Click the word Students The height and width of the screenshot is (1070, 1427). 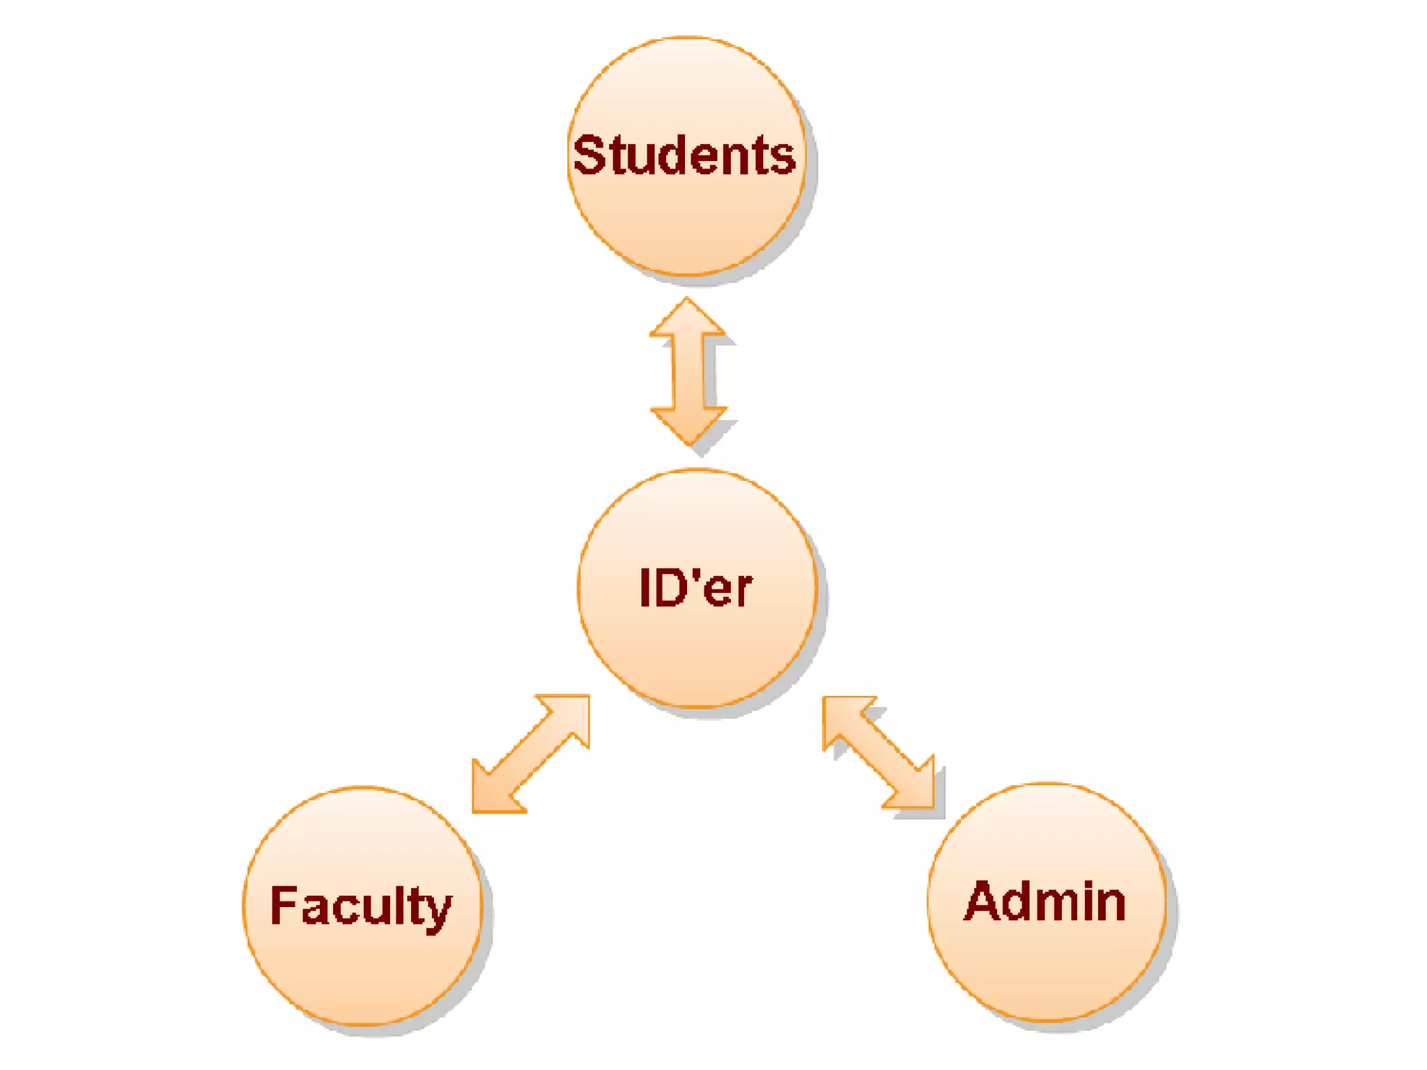click(684, 155)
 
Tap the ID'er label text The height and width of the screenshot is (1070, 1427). click(695, 589)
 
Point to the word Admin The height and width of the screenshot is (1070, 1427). click(1045, 902)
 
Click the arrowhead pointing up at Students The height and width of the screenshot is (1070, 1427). click(688, 319)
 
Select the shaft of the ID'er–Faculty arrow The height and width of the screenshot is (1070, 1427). click(531, 754)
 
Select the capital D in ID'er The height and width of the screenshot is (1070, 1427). click(669, 589)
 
